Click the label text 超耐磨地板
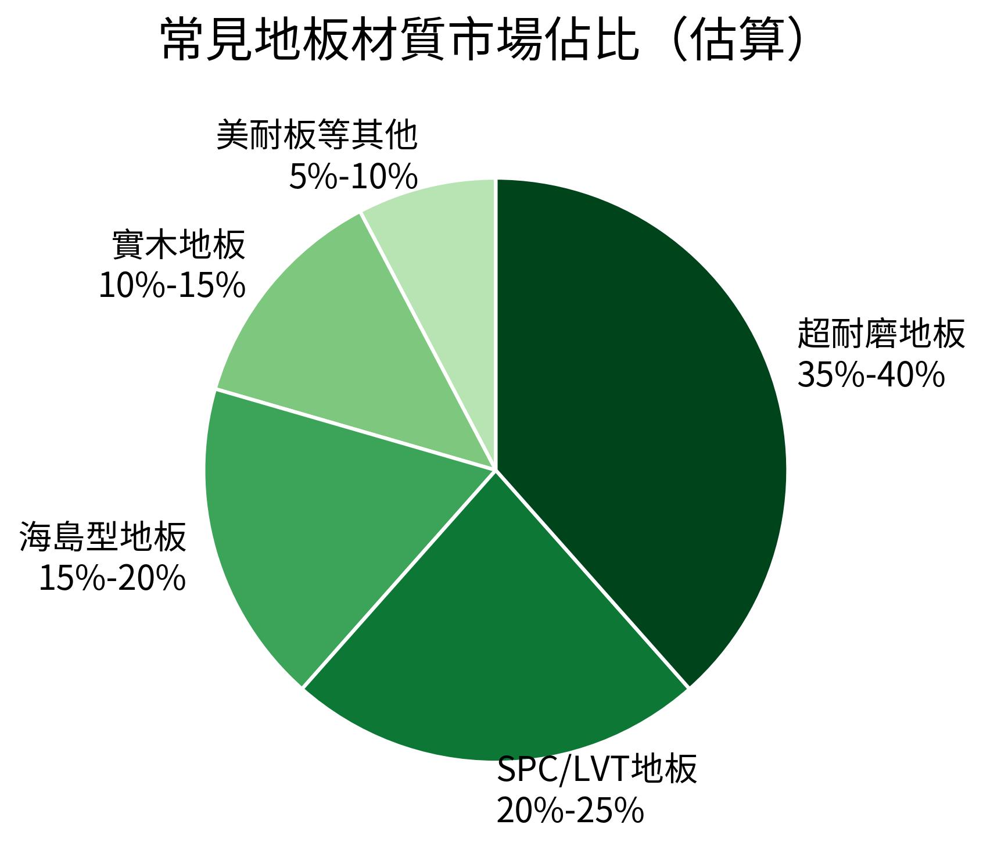(x=881, y=334)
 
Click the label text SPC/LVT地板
(x=597, y=770)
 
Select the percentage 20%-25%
(x=570, y=811)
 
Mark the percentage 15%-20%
(x=112, y=579)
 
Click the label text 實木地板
(x=179, y=245)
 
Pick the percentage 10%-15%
(x=172, y=286)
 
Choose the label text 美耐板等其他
(x=317, y=135)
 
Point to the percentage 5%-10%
(x=353, y=177)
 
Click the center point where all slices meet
(x=496, y=469)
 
